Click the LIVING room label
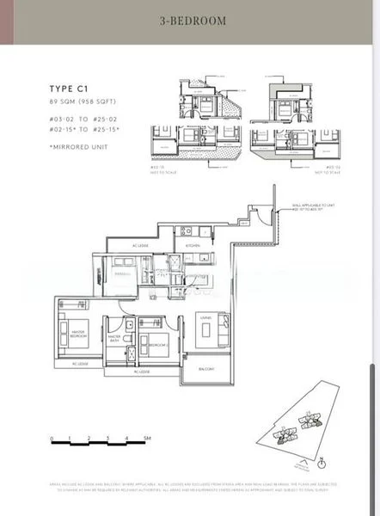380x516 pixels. point(206,317)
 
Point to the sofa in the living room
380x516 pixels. point(206,334)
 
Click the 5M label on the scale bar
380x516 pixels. point(147,438)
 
